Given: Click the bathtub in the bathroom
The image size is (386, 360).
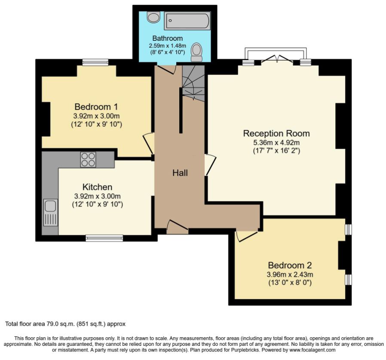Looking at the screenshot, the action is click(187, 21).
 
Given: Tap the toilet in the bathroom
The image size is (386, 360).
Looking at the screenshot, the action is click(197, 52).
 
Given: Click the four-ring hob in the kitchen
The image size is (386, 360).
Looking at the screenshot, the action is click(88, 159).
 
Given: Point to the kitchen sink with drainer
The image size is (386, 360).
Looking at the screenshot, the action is click(51, 212).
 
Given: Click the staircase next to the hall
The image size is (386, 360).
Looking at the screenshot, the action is click(193, 83).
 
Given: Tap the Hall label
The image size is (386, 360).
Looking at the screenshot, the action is click(180, 173).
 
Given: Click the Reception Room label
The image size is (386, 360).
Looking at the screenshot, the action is click(276, 133).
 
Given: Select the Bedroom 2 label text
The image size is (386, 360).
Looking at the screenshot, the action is click(290, 265).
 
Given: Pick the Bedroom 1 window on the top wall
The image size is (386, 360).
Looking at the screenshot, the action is click(95, 62).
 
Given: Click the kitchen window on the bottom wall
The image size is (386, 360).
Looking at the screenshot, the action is click(104, 238).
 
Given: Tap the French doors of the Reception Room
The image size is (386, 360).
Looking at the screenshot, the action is click(277, 59).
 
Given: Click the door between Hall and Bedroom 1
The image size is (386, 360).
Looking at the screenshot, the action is click(149, 144).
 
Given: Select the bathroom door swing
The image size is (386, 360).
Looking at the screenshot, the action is click(166, 69).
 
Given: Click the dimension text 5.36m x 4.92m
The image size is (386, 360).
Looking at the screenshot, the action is click(276, 143).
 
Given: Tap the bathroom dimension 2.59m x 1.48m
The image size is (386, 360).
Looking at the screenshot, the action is click(167, 46).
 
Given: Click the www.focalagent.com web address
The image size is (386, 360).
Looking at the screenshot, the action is click(312, 350).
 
